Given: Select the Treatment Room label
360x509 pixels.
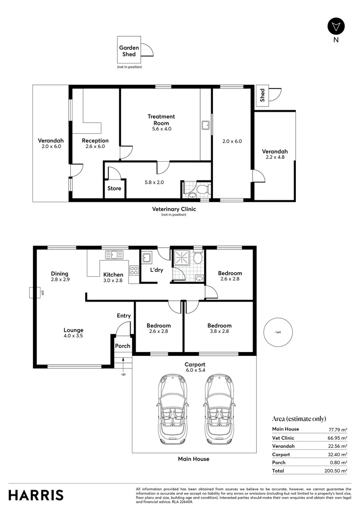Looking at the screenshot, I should click(x=161, y=120).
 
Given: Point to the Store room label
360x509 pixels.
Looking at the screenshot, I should click(x=115, y=189).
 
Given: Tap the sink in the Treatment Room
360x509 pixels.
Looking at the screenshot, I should click(x=205, y=125).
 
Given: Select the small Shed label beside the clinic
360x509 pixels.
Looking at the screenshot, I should click(x=262, y=96).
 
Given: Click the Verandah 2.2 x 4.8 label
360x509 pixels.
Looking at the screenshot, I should click(x=275, y=154).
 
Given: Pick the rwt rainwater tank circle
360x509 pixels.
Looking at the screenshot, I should click(x=278, y=332).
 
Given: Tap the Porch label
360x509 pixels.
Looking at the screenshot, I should click(x=123, y=346).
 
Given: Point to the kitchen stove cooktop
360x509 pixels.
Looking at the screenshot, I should click(x=133, y=271).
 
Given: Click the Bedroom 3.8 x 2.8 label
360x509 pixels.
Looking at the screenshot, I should click(x=219, y=328).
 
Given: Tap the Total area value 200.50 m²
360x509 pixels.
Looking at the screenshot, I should click(x=337, y=471).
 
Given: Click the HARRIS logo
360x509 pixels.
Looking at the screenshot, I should click(x=36, y=495).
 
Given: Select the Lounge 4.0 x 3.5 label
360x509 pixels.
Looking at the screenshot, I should click(x=74, y=333).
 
